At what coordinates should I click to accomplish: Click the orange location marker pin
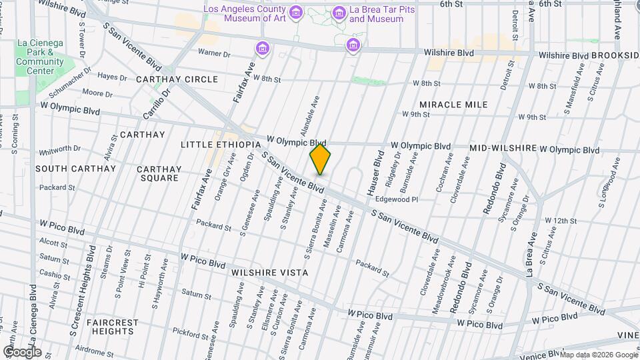pos(321,159)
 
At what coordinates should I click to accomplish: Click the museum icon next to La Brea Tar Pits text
pos(339,13)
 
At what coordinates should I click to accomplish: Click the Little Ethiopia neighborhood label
pos(219,145)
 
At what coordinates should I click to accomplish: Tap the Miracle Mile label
pos(453,105)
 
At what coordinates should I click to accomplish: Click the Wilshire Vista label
pos(269,273)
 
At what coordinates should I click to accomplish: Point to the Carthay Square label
pos(158,173)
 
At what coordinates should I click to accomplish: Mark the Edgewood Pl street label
pos(397,199)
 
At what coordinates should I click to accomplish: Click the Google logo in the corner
pos(22,352)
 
